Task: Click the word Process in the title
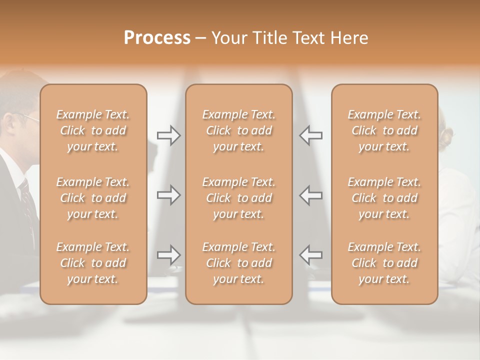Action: tap(157, 38)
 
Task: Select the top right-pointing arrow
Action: tap(168, 135)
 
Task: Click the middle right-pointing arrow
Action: tap(168, 195)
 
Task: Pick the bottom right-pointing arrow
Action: tap(168, 255)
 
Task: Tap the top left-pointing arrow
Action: tap(310, 135)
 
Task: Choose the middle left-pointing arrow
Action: tap(310, 195)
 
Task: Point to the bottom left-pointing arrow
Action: tap(310, 255)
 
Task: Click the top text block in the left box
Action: tap(93, 130)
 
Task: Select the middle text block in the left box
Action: tap(93, 198)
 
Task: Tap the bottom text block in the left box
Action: tap(93, 263)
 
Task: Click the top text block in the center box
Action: tap(239, 130)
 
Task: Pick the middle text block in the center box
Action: tap(239, 198)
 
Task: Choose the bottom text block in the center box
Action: tap(239, 263)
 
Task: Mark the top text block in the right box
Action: tap(384, 130)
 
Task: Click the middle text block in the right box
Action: tap(384, 198)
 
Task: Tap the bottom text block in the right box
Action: tap(384, 263)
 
